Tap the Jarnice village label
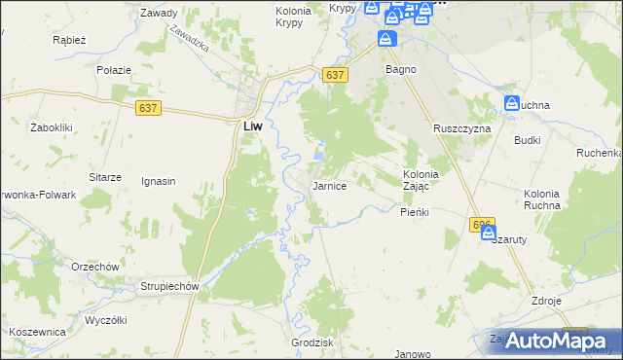tap(329, 185)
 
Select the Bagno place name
tap(401, 70)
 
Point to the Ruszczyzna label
tap(462, 128)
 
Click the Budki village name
tap(528, 140)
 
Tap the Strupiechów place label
tap(169, 287)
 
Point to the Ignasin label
tap(158, 181)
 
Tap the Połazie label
tap(113, 71)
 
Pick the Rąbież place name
tap(70, 41)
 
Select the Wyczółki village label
tap(107, 320)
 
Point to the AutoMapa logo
tap(550, 340)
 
